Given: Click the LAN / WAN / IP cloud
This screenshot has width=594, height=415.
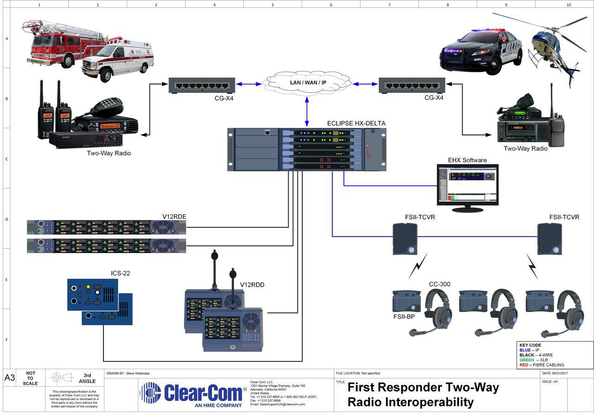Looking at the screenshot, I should point(307,82).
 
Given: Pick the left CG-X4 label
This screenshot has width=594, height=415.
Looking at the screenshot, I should point(224,98).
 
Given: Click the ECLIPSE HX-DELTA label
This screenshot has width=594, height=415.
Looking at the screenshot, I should point(356,123).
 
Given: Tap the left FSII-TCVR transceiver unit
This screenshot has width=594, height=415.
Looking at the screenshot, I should point(405,238).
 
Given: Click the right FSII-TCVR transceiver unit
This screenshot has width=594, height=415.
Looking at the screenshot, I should point(549,238).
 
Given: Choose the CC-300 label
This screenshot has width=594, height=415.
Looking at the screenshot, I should point(439,284).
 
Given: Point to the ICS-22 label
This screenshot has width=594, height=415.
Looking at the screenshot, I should point(120,273).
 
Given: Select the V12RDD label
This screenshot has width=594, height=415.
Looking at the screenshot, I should point(252,285).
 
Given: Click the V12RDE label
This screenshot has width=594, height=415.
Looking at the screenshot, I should point(174,217).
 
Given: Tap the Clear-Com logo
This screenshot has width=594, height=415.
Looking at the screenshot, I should point(193,394).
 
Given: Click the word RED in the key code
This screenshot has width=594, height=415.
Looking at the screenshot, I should point(524,365).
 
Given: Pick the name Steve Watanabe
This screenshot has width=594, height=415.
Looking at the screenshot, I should point(138,373).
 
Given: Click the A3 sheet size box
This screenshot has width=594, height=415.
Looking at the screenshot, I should point(10,378).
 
